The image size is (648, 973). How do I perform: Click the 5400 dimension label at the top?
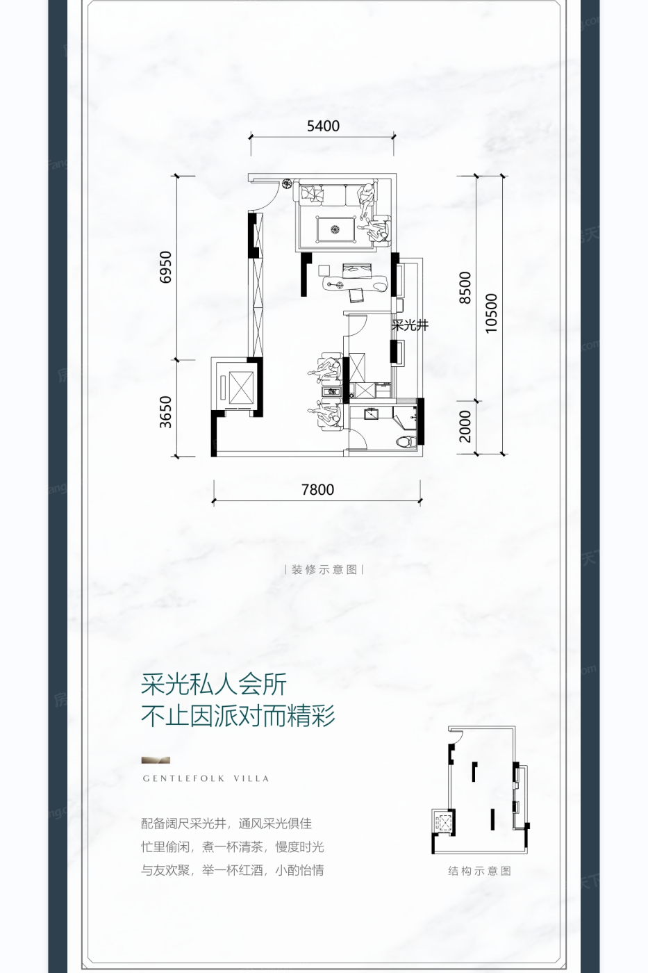pos(323,126)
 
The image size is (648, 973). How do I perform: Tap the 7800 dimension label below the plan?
pos(317,489)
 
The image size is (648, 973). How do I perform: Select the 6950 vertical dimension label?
pos(165,267)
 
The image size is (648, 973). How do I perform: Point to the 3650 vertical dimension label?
pos(165,411)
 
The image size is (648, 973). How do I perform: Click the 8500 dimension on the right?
pos(465,287)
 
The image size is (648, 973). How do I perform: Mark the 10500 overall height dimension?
pos(491,313)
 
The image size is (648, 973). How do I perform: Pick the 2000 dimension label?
pos(465,426)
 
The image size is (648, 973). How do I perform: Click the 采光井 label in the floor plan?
pos(410,325)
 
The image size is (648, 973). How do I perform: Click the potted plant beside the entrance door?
pos(286,183)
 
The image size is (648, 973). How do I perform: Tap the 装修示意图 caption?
pos(324,569)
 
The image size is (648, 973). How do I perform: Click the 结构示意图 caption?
pos(479,871)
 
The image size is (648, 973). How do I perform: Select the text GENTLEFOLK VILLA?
pos(206,778)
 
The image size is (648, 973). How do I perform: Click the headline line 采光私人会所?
pos(214,685)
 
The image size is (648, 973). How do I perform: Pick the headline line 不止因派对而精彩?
pos(238,716)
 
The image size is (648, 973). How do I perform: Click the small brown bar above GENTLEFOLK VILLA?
pos(156,760)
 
